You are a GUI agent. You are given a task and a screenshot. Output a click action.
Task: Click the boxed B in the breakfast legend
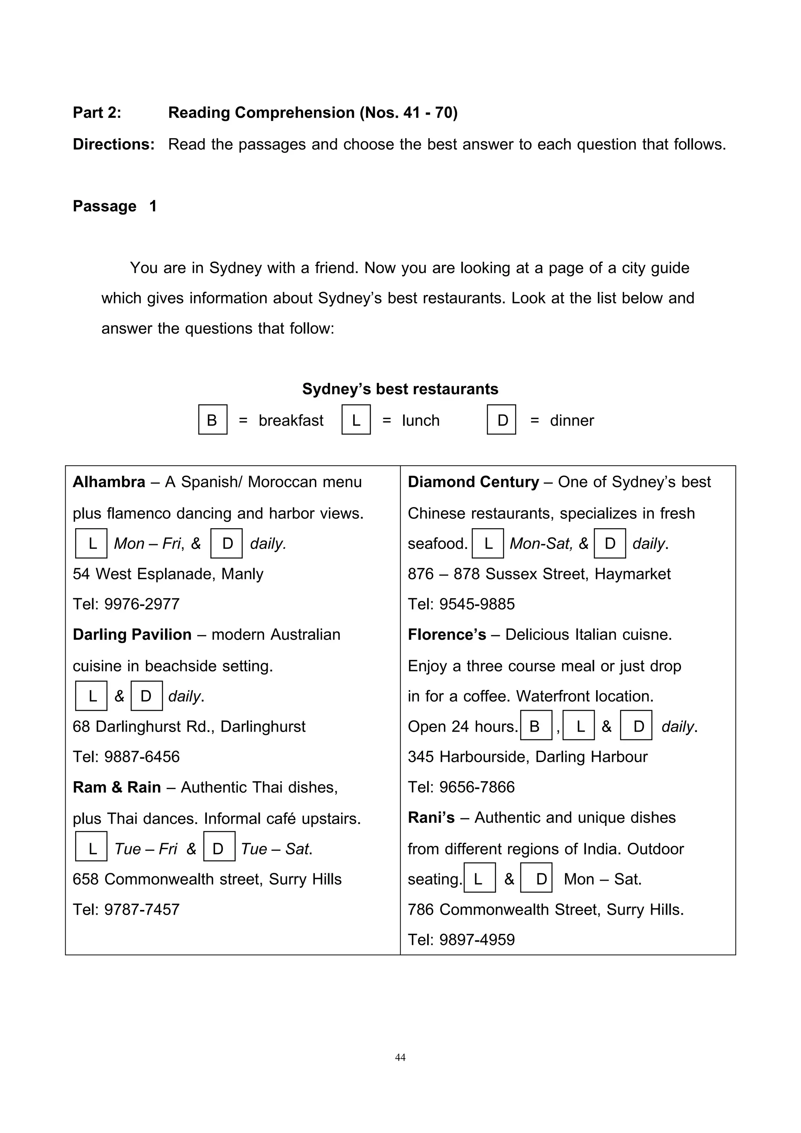(213, 419)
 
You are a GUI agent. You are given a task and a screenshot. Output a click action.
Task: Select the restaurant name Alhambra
(109, 482)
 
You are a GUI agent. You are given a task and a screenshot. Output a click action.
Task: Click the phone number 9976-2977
(142, 604)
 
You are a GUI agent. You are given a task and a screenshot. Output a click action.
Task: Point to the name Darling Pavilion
(132, 635)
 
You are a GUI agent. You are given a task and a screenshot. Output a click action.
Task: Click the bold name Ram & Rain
(117, 787)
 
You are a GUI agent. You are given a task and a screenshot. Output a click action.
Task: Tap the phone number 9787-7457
(142, 910)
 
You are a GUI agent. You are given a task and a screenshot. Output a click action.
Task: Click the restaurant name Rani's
(431, 818)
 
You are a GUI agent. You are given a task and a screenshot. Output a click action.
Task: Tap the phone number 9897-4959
(476, 940)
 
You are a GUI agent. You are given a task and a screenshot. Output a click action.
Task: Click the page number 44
(400, 1057)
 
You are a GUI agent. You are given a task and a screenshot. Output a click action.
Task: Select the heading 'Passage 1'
(115, 206)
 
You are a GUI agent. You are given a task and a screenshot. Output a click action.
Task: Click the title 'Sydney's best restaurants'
(400, 389)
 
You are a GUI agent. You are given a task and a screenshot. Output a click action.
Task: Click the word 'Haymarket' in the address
(632, 574)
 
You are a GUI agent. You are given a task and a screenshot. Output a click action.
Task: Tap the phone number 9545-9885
(476, 604)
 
